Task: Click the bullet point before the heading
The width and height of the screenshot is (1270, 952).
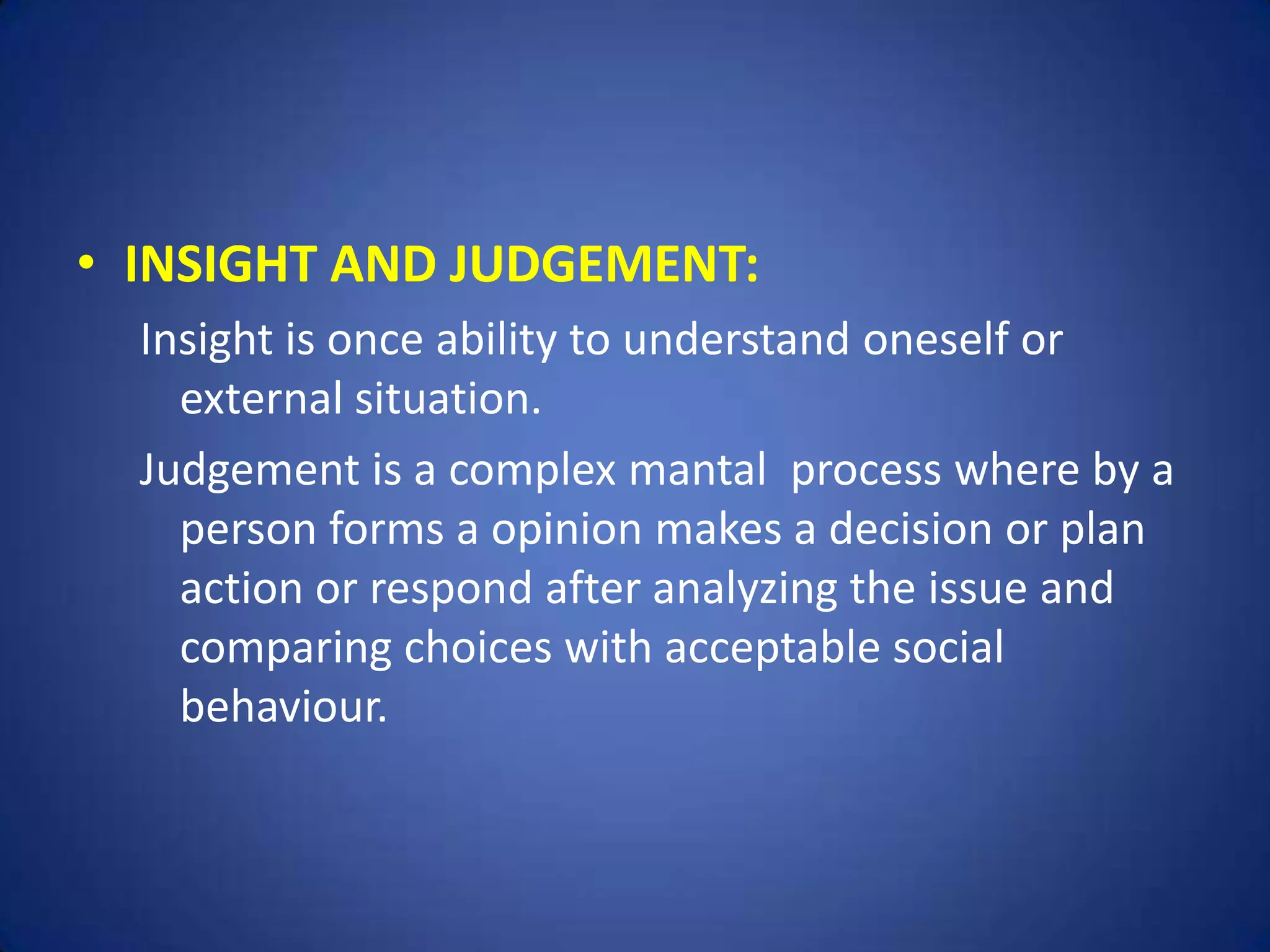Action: point(87,265)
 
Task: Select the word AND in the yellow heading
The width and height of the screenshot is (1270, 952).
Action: point(383,265)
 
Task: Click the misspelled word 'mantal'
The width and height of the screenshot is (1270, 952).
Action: point(698,470)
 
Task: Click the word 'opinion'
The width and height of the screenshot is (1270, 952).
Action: point(566,531)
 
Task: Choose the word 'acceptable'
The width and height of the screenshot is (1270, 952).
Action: point(773,648)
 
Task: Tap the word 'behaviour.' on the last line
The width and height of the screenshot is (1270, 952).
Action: point(283,707)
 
